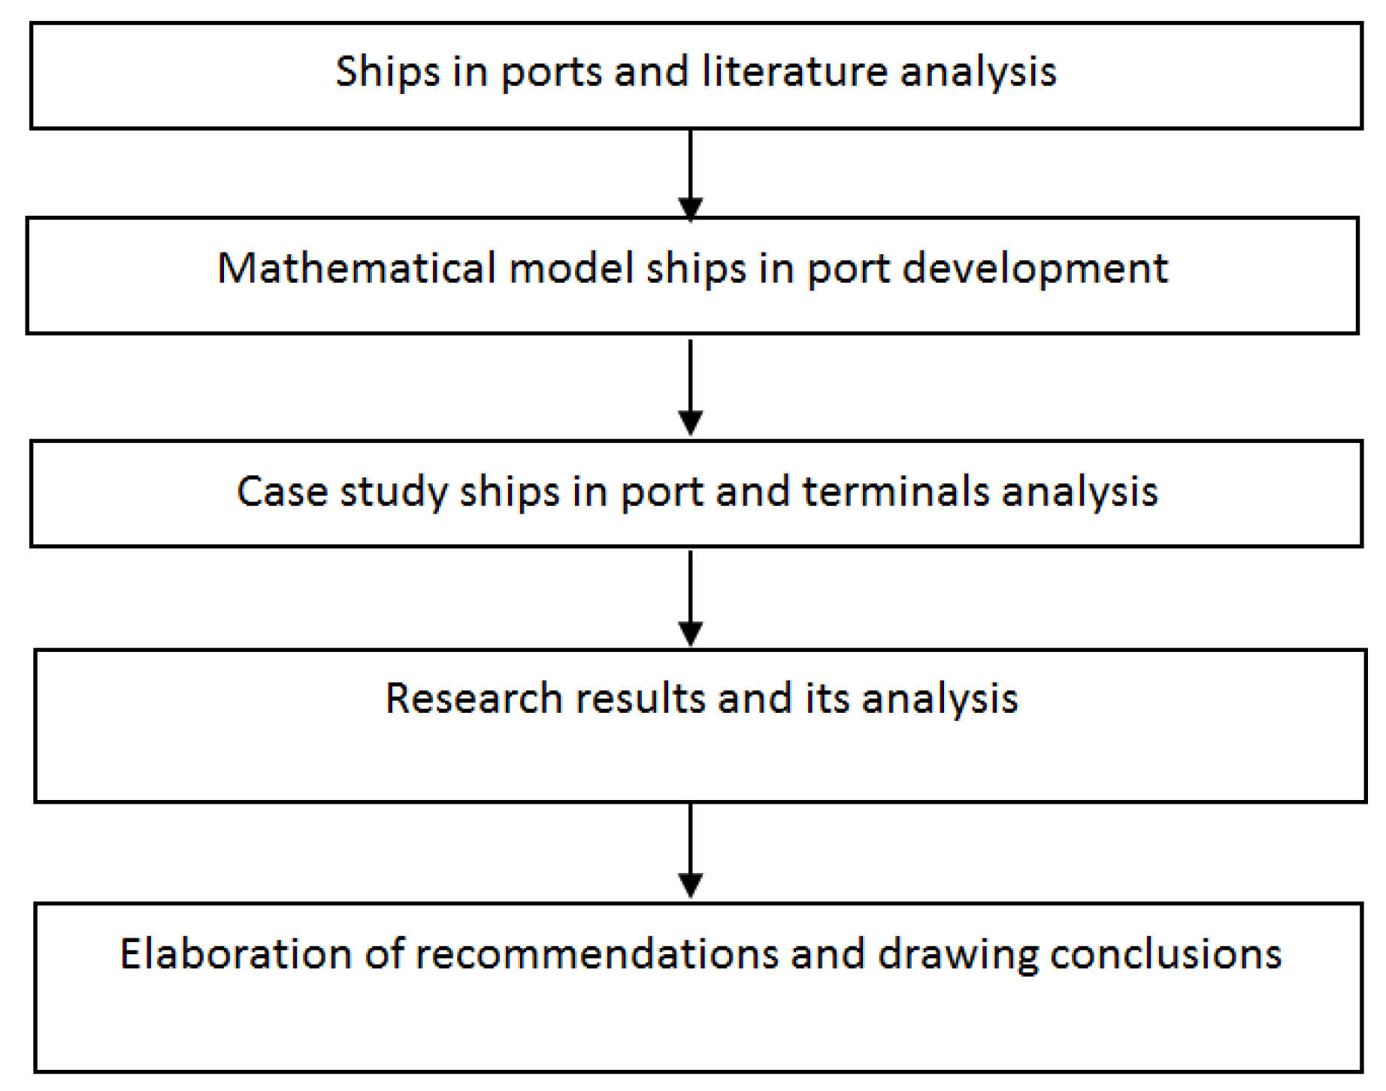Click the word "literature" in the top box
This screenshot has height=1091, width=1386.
click(x=795, y=72)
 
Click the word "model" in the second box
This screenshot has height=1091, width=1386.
click(x=571, y=268)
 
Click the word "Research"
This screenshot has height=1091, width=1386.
click(x=474, y=698)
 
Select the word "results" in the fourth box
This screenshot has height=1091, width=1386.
click(x=640, y=698)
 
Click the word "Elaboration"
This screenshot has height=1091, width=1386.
click(x=235, y=953)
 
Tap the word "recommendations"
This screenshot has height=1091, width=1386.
click(x=598, y=953)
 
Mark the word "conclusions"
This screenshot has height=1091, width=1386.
click(x=1165, y=953)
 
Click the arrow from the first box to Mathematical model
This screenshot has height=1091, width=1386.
click(x=690, y=174)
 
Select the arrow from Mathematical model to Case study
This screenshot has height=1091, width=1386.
click(x=690, y=386)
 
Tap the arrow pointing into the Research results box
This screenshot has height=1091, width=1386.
click(x=690, y=598)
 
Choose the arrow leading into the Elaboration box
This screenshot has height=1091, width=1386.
click(x=690, y=850)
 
